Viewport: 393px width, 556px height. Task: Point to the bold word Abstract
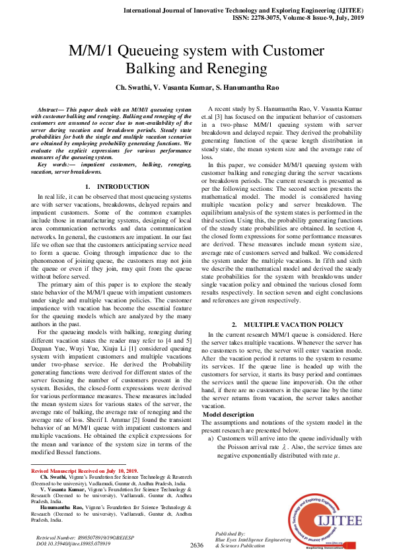coord(50,108)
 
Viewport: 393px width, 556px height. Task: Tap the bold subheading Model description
coord(228,414)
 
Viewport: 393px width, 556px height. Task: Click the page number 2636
coord(196,545)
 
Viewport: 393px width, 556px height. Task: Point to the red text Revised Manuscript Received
coord(73,471)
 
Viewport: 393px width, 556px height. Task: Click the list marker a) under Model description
coord(211,438)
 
